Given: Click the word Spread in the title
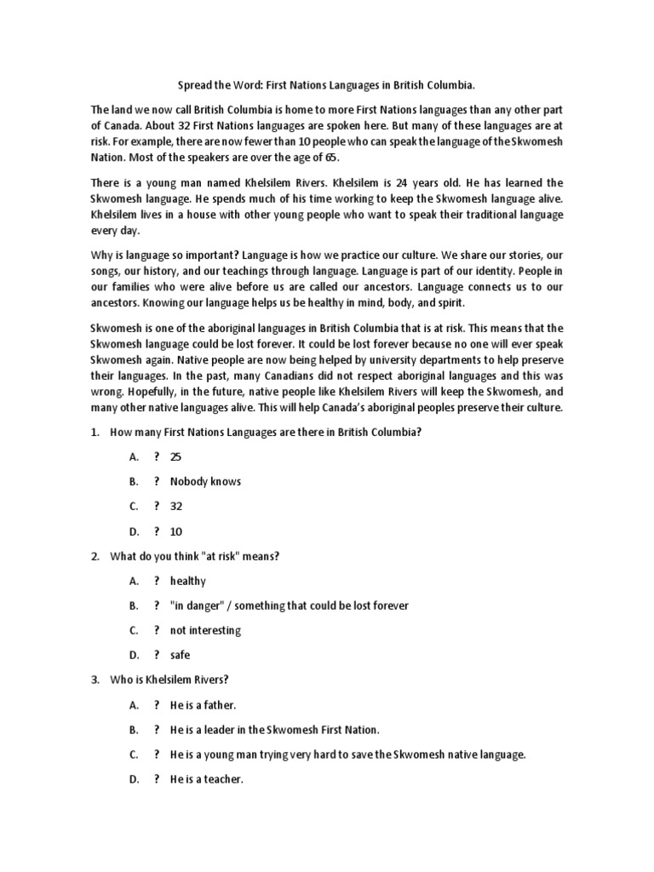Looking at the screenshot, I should pyautogui.click(x=194, y=86).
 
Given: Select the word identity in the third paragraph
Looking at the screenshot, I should pyautogui.click(x=486, y=271).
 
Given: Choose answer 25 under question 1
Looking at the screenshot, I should pyautogui.click(x=176, y=456).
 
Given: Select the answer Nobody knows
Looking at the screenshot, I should pyautogui.click(x=205, y=481).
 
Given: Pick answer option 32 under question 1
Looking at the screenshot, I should pyautogui.click(x=176, y=506).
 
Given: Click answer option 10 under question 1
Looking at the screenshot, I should pyautogui.click(x=176, y=531).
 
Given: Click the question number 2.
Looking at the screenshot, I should pyautogui.click(x=95, y=556).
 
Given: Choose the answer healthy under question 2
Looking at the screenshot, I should pyautogui.click(x=187, y=581).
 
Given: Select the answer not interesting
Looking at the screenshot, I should pyautogui.click(x=205, y=630).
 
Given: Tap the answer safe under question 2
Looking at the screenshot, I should pyautogui.click(x=181, y=655).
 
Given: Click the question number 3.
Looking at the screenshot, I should pyautogui.click(x=95, y=680).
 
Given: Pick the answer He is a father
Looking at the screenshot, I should pyautogui.click(x=203, y=705).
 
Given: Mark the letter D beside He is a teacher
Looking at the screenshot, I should pyautogui.click(x=134, y=779).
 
